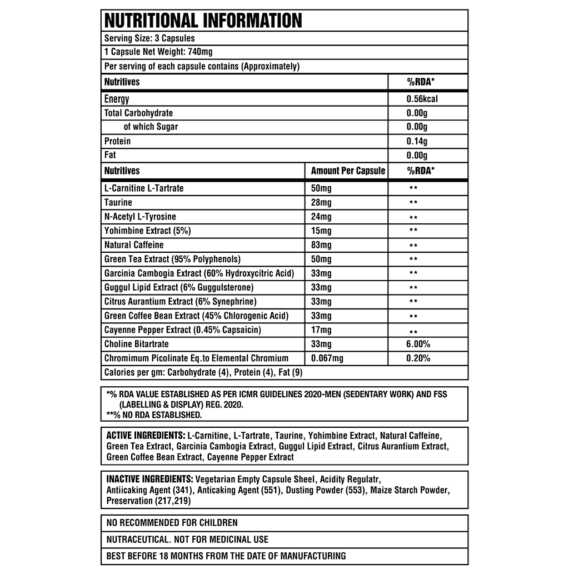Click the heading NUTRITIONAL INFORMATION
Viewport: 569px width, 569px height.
(x=203, y=21)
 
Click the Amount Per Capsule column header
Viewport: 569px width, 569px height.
(x=348, y=171)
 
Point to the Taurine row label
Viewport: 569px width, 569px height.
(x=118, y=202)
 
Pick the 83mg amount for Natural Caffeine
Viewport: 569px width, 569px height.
(x=321, y=245)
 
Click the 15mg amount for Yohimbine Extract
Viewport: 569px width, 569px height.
(x=321, y=231)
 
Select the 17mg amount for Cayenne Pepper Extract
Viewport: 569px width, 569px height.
(x=321, y=330)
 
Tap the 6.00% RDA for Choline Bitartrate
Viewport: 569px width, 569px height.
(x=418, y=345)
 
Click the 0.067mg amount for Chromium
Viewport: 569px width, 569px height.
(x=327, y=358)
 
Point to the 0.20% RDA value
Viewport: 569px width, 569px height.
(x=418, y=358)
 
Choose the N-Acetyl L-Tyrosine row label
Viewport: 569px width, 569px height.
(x=140, y=217)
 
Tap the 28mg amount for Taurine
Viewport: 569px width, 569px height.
(x=321, y=202)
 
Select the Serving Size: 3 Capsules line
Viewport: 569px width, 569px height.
(x=149, y=38)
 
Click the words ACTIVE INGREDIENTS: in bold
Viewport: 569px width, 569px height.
(x=146, y=436)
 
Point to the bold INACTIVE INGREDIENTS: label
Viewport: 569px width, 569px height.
(x=149, y=479)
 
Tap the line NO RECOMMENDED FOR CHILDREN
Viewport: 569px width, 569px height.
(x=172, y=523)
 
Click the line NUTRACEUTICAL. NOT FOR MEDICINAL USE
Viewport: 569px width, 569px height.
(x=187, y=539)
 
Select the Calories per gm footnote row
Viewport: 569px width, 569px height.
(x=203, y=372)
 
